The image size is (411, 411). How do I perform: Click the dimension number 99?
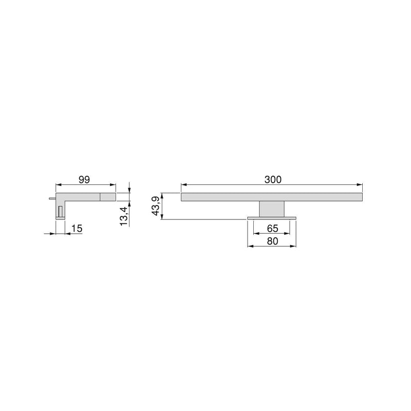(85, 179)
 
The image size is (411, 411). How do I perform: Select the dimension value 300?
(272, 179)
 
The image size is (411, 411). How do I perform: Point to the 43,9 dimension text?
(156, 206)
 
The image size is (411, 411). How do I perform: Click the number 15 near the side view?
(77, 228)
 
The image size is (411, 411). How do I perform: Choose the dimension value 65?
(272, 228)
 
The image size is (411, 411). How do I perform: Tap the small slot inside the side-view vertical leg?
(61, 211)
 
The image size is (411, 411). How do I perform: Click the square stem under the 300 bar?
(272, 209)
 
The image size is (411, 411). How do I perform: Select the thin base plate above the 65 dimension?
(272, 218)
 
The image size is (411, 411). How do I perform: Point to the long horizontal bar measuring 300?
(272, 197)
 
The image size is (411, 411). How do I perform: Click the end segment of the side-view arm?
(108, 196)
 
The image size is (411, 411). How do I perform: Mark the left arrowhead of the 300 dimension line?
(184, 185)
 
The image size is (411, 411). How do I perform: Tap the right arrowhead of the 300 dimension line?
(360, 185)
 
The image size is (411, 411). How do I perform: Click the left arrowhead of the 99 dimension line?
(58, 185)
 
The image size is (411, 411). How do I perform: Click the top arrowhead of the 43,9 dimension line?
(162, 196)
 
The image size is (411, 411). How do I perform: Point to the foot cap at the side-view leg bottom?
(60, 218)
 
